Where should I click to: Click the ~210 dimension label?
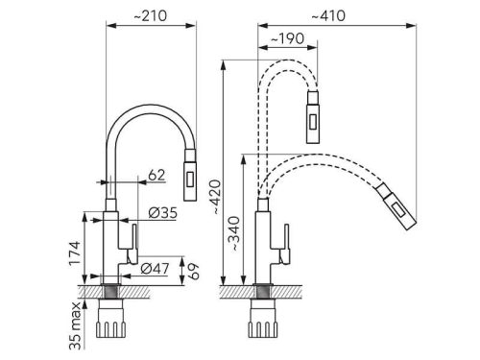coord(150,15)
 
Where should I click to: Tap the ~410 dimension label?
coord(328,15)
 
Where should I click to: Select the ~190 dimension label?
coord(287,38)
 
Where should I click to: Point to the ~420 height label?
coord(216,197)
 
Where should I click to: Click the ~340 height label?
coord(235,233)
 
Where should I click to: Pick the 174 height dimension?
coord(75,252)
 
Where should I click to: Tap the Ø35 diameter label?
coord(162,213)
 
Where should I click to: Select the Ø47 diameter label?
coord(155,269)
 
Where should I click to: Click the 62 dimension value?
coord(156,175)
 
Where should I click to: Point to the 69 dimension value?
coord(193,272)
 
